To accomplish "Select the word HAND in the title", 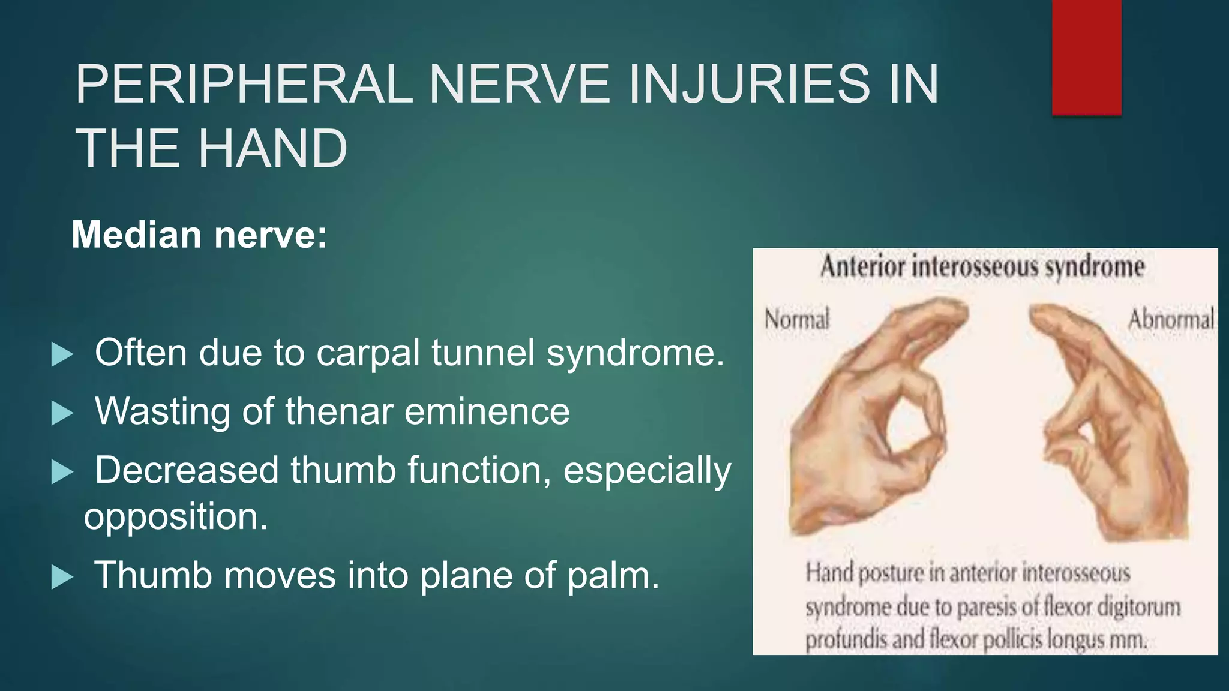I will tap(272, 148).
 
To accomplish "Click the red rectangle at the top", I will tap(1086, 57).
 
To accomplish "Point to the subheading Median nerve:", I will tap(199, 235).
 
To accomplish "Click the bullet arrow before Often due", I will tap(62, 354).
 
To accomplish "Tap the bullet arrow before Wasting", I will tap(62, 413).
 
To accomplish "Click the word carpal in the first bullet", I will tap(368, 353).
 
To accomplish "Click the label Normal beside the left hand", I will tap(796, 319).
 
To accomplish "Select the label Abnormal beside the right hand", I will tap(1170, 319).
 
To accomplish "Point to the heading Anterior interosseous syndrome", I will tap(982, 267).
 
